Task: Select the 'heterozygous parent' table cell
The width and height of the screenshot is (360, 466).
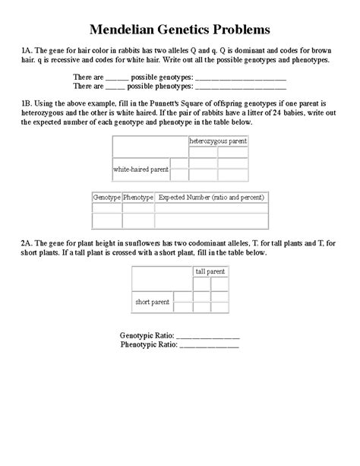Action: click(218, 141)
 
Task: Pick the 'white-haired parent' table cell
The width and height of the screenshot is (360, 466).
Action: click(141, 169)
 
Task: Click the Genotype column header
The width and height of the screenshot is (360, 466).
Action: click(106, 197)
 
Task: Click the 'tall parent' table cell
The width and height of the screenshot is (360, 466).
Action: click(210, 271)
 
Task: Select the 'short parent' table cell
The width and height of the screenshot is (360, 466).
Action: click(152, 302)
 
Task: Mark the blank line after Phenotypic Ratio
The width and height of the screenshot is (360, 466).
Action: click(208, 344)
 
